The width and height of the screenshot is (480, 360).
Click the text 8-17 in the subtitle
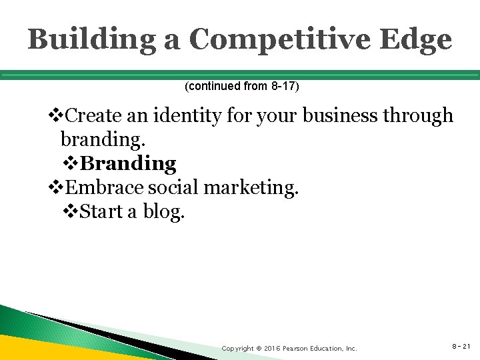[284, 87]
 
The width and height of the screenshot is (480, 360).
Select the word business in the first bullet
[333, 116]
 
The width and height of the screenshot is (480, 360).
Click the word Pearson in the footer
[295, 349]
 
